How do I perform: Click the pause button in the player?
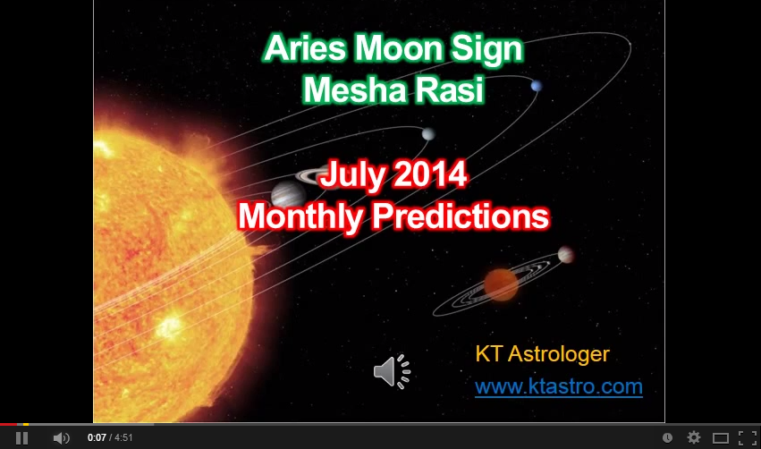pos(21,438)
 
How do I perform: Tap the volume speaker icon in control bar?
pos(61,438)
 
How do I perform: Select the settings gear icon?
pos(694,438)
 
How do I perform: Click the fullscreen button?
pos(748,438)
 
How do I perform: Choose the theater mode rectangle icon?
pos(721,438)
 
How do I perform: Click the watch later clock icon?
pos(667,438)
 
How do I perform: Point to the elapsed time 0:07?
pos(97,438)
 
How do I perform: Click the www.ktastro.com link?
pos(559,387)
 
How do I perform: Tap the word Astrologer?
pos(559,354)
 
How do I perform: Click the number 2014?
pos(430,174)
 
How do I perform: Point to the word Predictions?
pos(461,216)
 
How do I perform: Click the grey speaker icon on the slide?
pos(393,371)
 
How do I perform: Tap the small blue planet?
pos(537,86)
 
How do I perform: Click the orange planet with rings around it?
pos(501,284)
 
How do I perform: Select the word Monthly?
pos(300,216)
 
